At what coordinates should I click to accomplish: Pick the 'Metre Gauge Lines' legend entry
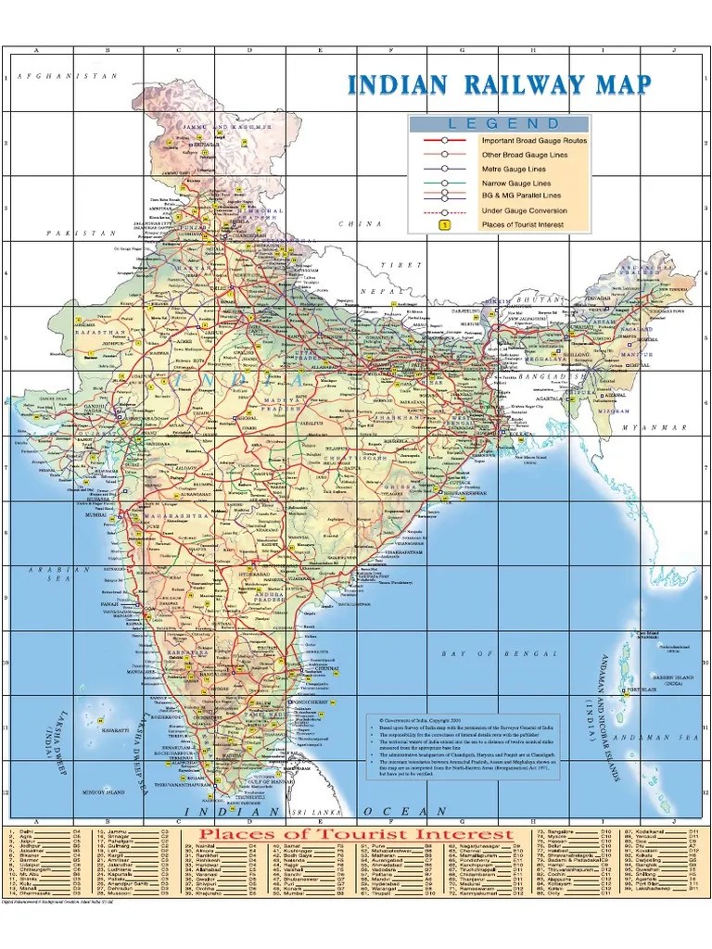coord(513,169)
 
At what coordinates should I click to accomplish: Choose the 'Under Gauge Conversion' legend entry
coord(524,210)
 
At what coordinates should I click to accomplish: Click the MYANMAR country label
coord(655,428)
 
